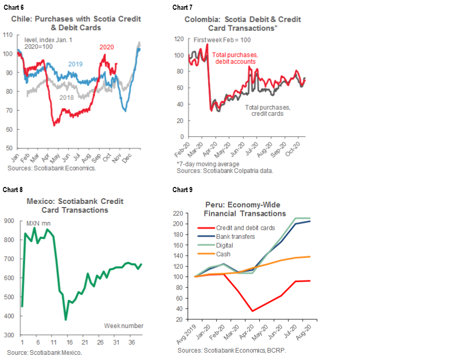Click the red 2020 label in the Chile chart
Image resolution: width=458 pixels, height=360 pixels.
107,47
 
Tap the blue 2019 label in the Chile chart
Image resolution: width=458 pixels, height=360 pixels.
76,64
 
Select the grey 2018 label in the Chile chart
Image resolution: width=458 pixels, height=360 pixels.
66,97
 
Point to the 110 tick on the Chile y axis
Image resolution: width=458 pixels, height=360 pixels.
8,35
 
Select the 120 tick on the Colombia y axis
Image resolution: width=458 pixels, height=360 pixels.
179,39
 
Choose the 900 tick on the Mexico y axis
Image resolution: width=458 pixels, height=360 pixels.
9,221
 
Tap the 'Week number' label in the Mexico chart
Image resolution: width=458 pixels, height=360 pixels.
124,325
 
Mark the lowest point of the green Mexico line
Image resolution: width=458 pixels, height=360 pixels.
66,319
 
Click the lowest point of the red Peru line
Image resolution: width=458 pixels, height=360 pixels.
252,311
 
